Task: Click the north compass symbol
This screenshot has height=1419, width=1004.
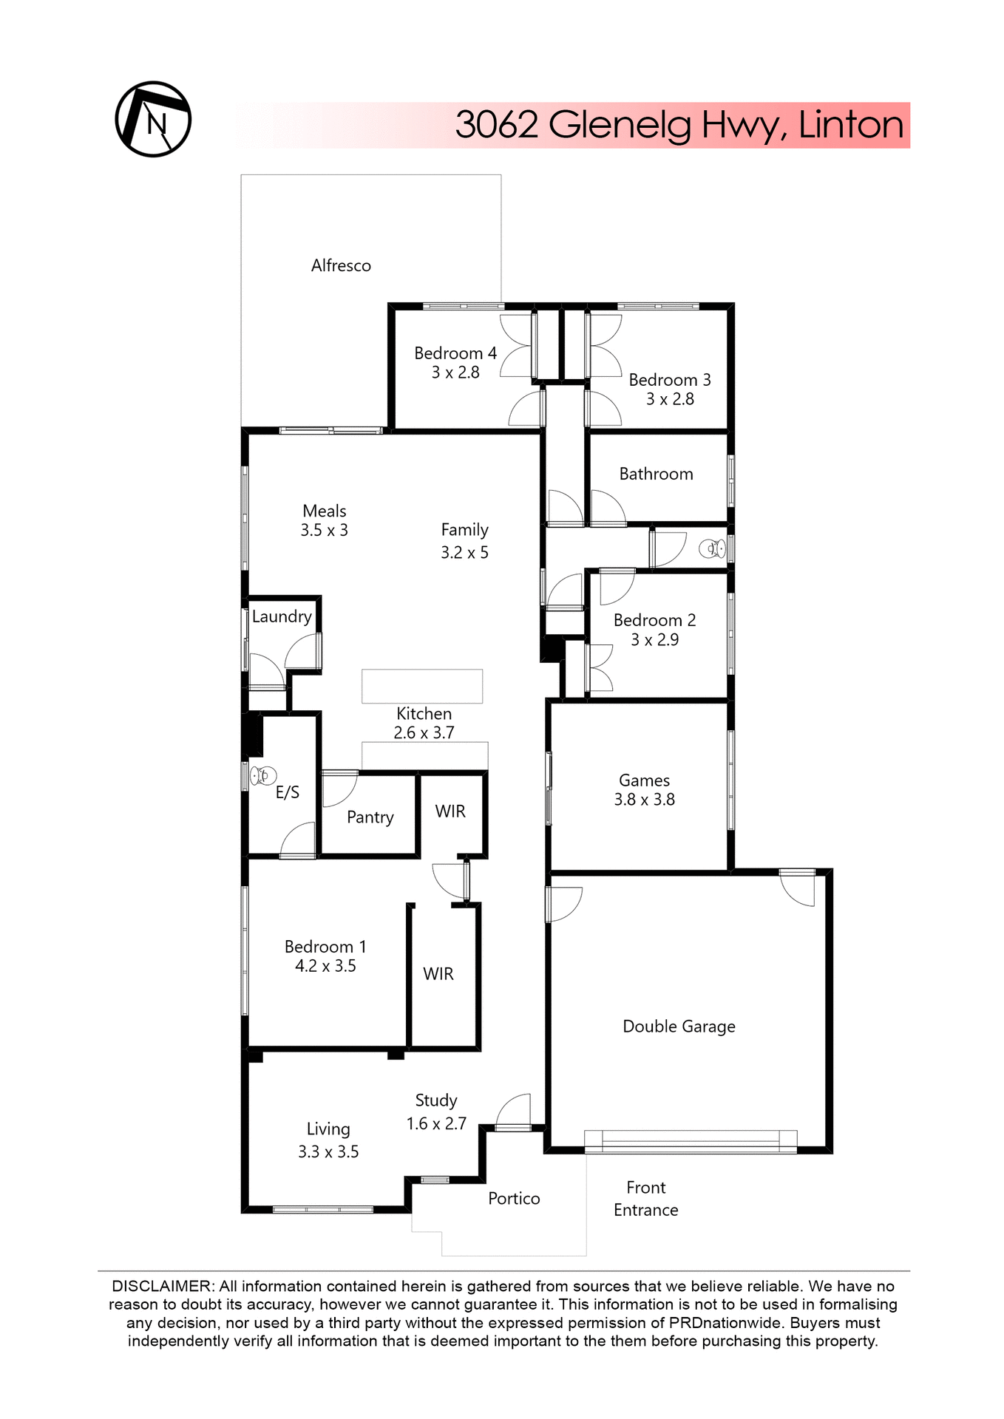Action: [x=153, y=119]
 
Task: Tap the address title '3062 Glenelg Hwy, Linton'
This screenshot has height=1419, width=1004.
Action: [x=679, y=125]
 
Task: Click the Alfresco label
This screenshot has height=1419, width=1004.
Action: [x=341, y=265]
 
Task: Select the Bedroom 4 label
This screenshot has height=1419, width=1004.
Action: [x=455, y=353]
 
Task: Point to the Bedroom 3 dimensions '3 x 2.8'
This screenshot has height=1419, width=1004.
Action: [x=670, y=399]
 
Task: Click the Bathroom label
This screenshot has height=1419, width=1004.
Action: [x=656, y=474]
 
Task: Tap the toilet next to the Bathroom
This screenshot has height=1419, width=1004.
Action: [x=713, y=548]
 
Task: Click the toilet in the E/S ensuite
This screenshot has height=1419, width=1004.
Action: [x=260, y=775]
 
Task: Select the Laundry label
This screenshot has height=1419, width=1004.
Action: [x=281, y=616]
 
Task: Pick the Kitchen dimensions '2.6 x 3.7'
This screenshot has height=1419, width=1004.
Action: [x=424, y=732]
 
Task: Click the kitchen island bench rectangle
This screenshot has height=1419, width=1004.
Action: [x=422, y=686]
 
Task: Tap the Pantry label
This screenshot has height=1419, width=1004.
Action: [x=370, y=817]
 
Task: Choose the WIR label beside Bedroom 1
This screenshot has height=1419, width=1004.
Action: [x=438, y=974]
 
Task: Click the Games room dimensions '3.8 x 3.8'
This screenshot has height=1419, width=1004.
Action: [x=644, y=800]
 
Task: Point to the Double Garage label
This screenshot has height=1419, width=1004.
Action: [x=679, y=1026]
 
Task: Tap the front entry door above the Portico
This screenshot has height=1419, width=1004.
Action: [x=513, y=1126]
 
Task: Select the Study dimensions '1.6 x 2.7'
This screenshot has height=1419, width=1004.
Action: [x=436, y=1123]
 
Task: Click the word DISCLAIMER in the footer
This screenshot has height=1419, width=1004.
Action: [x=162, y=1286]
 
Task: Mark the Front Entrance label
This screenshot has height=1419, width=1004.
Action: [x=645, y=1198]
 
